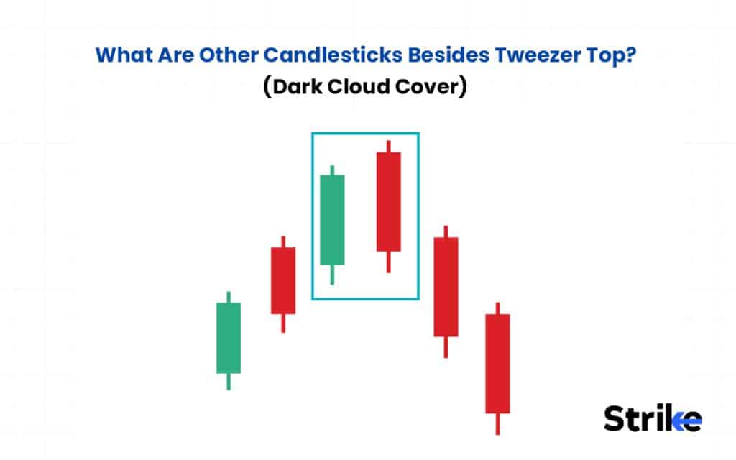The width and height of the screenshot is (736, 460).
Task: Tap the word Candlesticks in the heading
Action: coord(316,55)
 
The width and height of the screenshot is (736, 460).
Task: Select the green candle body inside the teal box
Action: coord(332,219)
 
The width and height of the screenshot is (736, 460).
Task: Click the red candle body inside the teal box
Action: coord(388,201)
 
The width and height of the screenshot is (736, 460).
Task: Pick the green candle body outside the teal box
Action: coord(229,338)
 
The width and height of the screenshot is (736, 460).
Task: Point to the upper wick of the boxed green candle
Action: coord(332,170)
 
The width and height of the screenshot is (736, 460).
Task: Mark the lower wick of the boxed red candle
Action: coord(388,262)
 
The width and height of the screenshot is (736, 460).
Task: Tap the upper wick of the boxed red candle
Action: coord(388,146)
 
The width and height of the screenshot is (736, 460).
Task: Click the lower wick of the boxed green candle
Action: coord(332,274)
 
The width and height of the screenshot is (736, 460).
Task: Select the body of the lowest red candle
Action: coord(497,363)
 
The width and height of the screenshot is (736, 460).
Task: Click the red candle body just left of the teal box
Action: coord(283,280)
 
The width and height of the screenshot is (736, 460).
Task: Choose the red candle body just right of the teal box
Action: coord(446,287)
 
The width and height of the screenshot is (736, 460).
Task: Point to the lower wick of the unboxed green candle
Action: coord(229,381)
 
